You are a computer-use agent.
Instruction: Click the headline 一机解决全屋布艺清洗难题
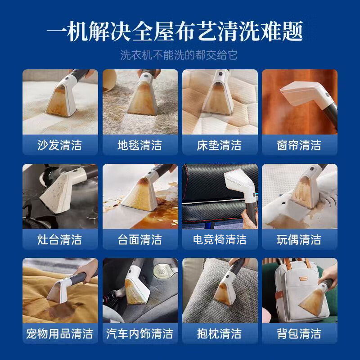180,31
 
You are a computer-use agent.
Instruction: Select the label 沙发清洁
60,145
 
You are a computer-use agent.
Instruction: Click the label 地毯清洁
139,145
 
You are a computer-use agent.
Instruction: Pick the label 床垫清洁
219,145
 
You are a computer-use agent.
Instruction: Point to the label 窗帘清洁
299,145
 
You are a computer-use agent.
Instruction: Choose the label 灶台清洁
60,239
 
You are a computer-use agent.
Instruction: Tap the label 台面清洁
139,239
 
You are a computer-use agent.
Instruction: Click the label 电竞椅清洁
219,239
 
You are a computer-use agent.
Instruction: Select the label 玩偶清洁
299,239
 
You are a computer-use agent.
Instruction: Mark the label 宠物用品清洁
60,333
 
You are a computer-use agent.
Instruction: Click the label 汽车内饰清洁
139,333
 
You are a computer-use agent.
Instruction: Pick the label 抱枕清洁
219,333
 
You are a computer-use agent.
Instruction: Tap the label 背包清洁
299,333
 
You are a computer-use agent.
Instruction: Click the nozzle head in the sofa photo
61,97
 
